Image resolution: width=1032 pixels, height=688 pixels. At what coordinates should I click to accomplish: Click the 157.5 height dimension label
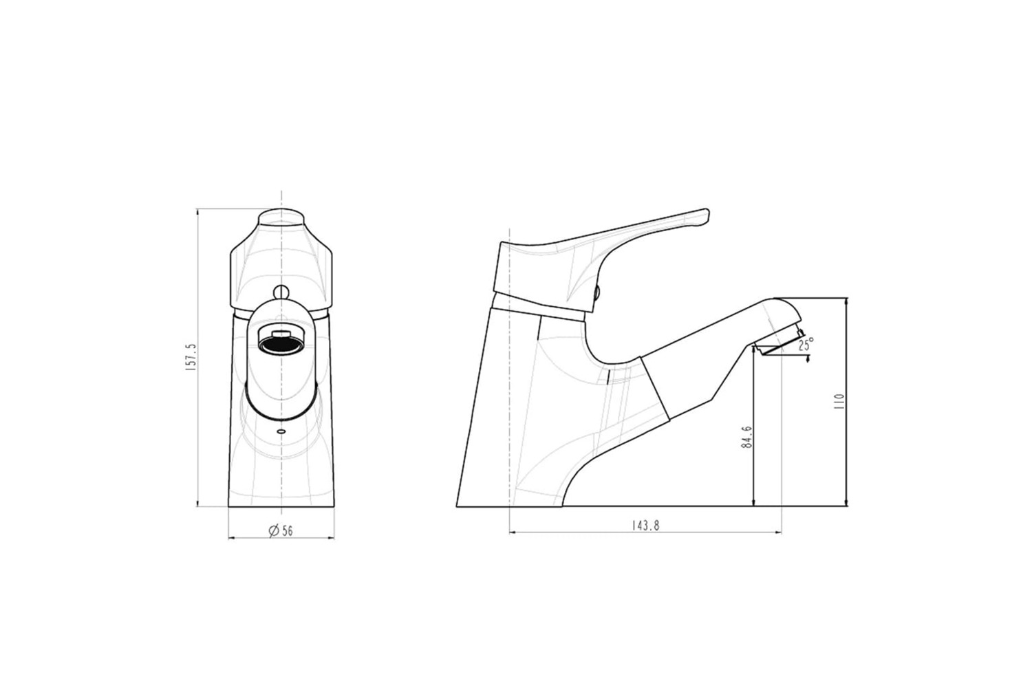[x=191, y=357]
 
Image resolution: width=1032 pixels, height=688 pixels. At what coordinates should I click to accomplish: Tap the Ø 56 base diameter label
[x=281, y=530]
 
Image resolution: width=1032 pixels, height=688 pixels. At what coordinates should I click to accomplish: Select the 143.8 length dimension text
[x=645, y=526]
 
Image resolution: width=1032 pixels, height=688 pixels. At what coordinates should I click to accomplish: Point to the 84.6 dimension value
[x=747, y=438]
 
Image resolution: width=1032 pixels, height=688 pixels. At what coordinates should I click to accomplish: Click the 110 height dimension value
[x=839, y=402]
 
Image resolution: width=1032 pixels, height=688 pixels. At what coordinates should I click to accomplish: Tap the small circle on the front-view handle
[x=281, y=291]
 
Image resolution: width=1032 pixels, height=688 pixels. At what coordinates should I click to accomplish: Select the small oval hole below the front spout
[x=281, y=432]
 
